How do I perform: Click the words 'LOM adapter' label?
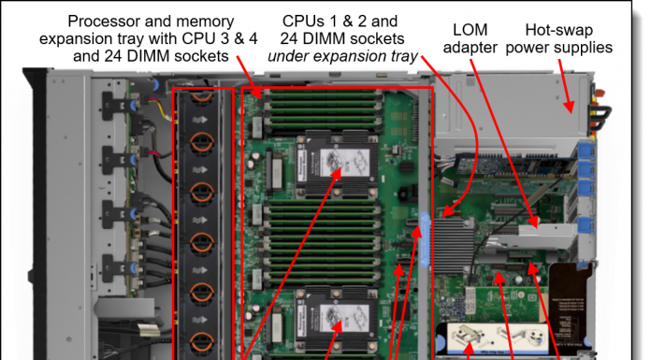pos(470,38)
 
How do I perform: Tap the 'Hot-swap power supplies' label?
pos(558,38)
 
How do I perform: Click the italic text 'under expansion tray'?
pos(342,56)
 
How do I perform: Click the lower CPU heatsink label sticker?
pos(344,318)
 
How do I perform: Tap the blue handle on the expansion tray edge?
pos(425,238)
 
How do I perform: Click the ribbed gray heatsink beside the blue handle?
pos(454,247)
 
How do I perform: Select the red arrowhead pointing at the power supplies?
pos(570,107)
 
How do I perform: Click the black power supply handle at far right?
pos(600,118)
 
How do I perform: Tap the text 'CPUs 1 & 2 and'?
pos(340,21)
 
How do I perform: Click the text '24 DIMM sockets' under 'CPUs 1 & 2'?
pos(342,38)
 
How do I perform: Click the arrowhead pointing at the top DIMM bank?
pos(257,93)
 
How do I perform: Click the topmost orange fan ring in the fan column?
pos(202,96)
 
